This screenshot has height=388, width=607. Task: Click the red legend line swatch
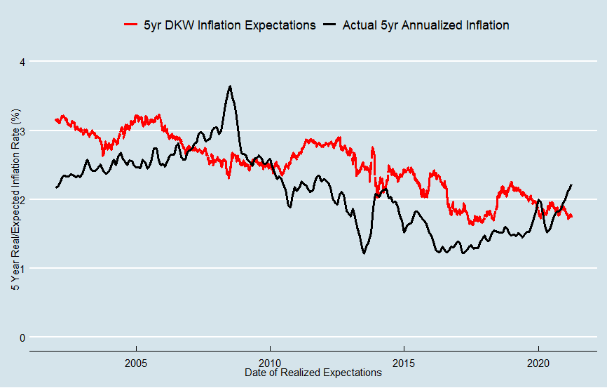130,25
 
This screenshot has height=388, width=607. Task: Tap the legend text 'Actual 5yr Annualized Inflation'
425,25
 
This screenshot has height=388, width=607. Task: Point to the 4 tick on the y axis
22,62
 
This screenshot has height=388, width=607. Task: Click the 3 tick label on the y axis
22,131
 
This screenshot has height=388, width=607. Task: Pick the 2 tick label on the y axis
22,199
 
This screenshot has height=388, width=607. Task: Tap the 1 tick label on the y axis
22,268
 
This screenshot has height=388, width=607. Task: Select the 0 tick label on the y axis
22,337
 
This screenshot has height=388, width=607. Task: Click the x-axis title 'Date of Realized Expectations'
313,373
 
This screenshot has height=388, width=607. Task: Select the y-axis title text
13,199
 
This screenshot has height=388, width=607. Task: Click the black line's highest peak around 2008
230,86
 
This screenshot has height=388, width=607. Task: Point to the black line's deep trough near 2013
364,253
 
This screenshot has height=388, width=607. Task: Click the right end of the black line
572,185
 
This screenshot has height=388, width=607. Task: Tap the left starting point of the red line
55,120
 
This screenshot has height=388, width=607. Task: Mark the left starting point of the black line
55,187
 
